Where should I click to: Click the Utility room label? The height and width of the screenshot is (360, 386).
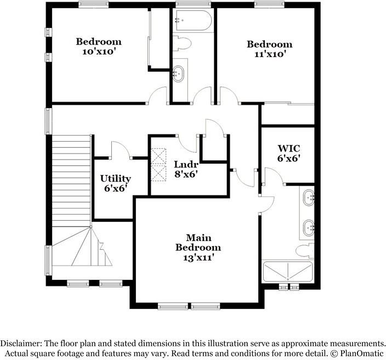click(x=115, y=178)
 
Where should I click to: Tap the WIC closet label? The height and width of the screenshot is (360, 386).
click(x=288, y=148)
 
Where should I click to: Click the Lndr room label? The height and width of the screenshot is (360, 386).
click(x=185, y=164)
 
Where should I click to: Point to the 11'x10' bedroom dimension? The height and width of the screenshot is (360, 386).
click(x=269, y=54)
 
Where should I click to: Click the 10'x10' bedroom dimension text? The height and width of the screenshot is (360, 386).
click(x=99, y=52)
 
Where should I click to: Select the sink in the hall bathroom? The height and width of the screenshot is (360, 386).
click(x=179, y=73)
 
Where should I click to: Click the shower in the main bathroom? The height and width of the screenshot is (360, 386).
click(x=288, y=272)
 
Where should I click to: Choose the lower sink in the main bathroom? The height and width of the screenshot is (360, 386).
click(x=309, y=225)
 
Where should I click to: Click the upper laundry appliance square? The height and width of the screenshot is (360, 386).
click(x=160, y=156)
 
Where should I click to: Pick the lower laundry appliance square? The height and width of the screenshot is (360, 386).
click(x=160, y=173)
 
